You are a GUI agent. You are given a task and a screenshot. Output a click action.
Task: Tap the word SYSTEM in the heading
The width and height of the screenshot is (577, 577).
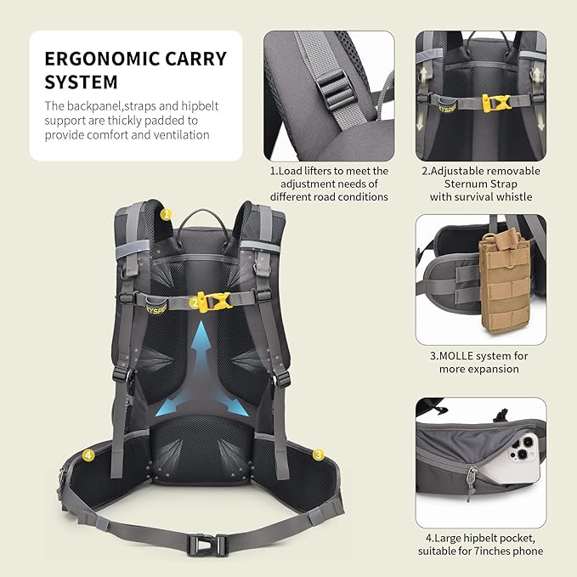(81, 83)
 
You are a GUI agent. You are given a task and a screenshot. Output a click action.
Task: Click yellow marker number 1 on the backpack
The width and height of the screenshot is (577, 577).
(166, 215)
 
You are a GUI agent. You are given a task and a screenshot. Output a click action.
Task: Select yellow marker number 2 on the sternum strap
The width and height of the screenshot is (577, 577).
(195, 301)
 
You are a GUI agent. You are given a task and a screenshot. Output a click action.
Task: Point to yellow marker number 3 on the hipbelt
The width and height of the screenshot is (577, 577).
(318, 455)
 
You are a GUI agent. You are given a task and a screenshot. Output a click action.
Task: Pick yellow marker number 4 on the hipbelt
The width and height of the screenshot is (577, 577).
(88, 455)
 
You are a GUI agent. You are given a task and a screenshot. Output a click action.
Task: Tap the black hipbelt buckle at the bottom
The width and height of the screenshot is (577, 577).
(209, 543)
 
